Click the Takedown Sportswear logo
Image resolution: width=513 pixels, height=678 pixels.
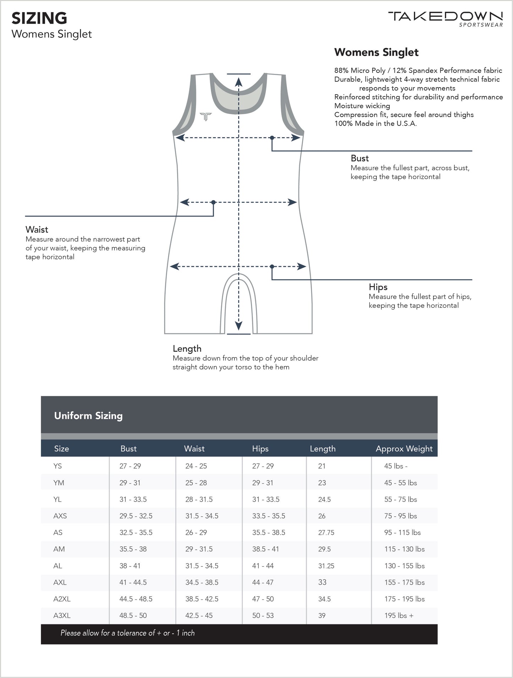coord(445,18)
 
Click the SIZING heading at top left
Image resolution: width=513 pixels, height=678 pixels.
coord(39,18)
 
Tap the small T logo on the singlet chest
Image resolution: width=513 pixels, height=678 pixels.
coord(206,116)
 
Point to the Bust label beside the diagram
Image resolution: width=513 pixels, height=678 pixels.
coord(360,158)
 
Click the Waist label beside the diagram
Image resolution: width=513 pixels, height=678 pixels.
coord(37,230)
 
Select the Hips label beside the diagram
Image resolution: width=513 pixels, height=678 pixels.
coord(378,287)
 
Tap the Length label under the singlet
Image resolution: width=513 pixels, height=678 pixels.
coord(187,349)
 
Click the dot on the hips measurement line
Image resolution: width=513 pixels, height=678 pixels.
coord(272,267)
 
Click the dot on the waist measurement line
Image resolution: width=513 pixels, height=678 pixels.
coord(213,203)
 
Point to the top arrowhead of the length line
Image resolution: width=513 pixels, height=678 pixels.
coord(239,82)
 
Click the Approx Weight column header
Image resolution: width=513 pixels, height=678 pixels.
coord(404,448)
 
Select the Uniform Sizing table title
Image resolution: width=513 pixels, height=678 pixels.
coord(88,416)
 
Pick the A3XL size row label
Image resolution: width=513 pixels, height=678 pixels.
coord(62,615)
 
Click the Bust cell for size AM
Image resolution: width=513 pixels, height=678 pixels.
coord(133,549)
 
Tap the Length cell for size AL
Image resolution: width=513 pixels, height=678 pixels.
coord(326,566)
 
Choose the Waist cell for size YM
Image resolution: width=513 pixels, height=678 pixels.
coord(196,483)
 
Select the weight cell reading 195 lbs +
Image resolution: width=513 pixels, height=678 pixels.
coord(399,615)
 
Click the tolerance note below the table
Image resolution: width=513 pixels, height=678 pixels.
coord(127,633)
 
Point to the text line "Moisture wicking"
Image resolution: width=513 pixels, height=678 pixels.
coord(362,106)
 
